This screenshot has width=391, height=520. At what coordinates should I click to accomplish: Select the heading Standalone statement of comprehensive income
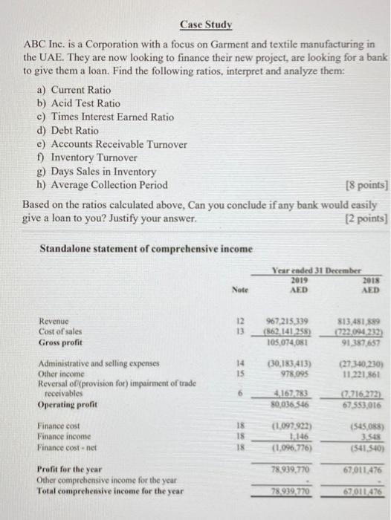pyautogui.click(x=146, y=247)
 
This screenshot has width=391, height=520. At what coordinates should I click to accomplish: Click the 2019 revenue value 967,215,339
pyautogui.click(x=292, y=320)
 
